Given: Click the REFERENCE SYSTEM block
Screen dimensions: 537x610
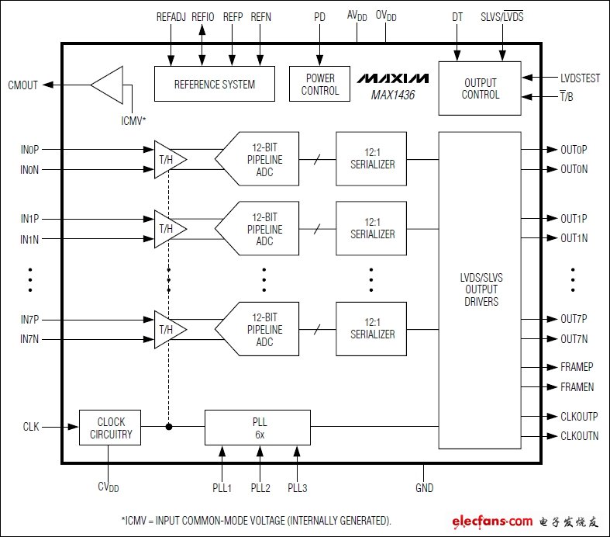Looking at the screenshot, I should (214, 84).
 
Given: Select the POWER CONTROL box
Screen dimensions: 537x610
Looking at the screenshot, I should (321, 85).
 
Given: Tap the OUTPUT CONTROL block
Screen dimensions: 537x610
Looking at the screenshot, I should (480, 88).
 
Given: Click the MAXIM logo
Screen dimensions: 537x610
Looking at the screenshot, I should (393, 78).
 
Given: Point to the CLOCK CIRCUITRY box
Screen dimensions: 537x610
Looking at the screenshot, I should (110, 428).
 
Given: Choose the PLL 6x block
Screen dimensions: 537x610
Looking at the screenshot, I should (257, 427).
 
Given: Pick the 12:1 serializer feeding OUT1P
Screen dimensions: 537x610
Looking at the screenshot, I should (370, 229).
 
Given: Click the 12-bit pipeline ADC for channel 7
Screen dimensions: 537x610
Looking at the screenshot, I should (259, 330).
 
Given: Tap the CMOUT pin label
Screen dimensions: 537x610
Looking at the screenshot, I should (22, 85).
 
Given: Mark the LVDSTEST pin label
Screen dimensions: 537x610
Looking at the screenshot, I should (580, 78).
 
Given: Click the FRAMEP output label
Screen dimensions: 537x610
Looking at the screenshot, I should (577, 367).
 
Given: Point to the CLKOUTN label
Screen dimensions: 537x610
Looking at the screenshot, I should (579, 436).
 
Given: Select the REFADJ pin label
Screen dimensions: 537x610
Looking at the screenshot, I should (171, 16).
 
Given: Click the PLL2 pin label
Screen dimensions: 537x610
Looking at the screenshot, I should (260, 488).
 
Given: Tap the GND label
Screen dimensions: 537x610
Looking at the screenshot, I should (424, 488).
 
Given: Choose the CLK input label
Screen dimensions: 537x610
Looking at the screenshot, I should (31, 427).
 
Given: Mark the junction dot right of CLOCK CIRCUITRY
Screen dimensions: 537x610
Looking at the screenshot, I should (168, 427).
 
